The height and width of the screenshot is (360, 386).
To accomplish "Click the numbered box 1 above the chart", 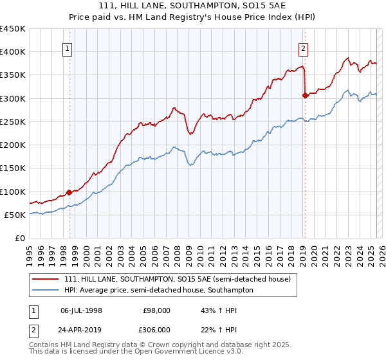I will click(x=68, y=47).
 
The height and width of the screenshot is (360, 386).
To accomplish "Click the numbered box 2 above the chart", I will click(x=303, y=47).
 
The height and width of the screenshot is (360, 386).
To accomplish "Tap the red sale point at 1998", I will click(x=69, y=192).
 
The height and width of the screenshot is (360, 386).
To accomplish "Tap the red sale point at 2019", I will click(x=305, y=95).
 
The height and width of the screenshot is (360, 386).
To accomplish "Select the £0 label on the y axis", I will click(x=19, y=239).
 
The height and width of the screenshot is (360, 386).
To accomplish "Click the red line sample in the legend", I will click(x=45, y=280).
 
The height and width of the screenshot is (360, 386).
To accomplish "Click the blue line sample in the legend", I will click(x=45, y=291).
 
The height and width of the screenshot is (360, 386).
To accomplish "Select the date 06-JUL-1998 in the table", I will click(x=81, y=310).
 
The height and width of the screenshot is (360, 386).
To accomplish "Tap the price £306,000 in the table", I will click(x=157, y=329).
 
